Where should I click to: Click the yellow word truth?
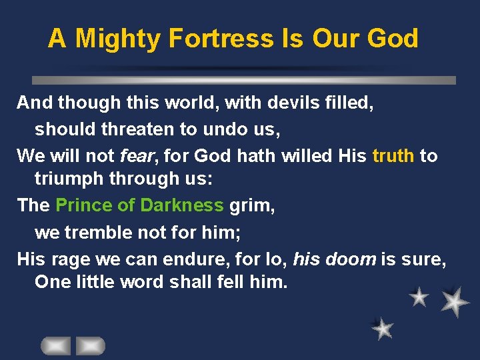tap(393, 156)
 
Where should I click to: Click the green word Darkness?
tap(182, 205)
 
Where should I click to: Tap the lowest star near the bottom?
tap(383, 327)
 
